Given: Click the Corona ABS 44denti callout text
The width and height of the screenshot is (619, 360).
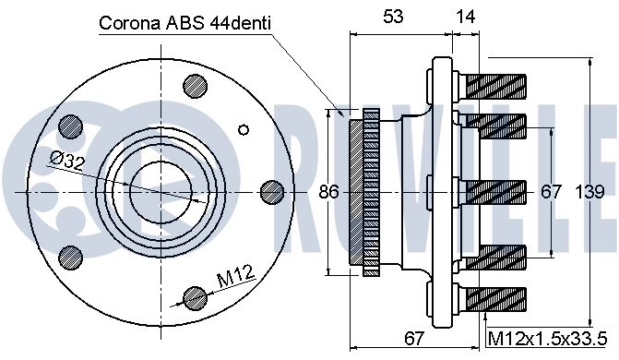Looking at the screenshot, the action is [185, 23].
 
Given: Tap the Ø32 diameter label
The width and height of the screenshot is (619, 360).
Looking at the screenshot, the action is [67, 161].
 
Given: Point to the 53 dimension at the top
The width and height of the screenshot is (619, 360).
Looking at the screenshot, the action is [393, 17].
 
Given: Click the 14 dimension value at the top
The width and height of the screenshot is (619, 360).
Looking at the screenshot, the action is [466, 17].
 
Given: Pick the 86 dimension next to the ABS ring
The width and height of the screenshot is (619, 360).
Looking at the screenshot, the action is [328, 192].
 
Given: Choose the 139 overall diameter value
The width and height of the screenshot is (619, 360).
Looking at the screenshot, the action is [589, 192].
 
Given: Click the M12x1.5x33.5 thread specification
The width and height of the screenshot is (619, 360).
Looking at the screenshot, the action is [547, 338].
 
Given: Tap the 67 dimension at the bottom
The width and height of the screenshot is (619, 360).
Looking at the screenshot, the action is [413, 338].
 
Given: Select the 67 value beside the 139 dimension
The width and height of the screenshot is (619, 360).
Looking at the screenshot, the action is [551, 192].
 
